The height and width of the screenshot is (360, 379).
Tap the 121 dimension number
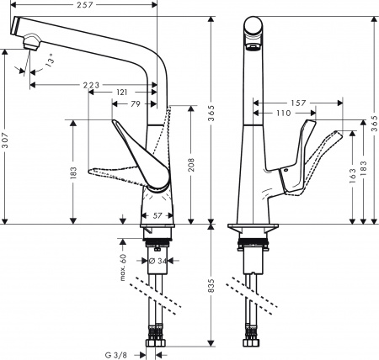(122, 91)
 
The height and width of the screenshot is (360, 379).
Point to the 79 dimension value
(135, 103)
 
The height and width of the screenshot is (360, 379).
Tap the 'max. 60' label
(122, 267)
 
